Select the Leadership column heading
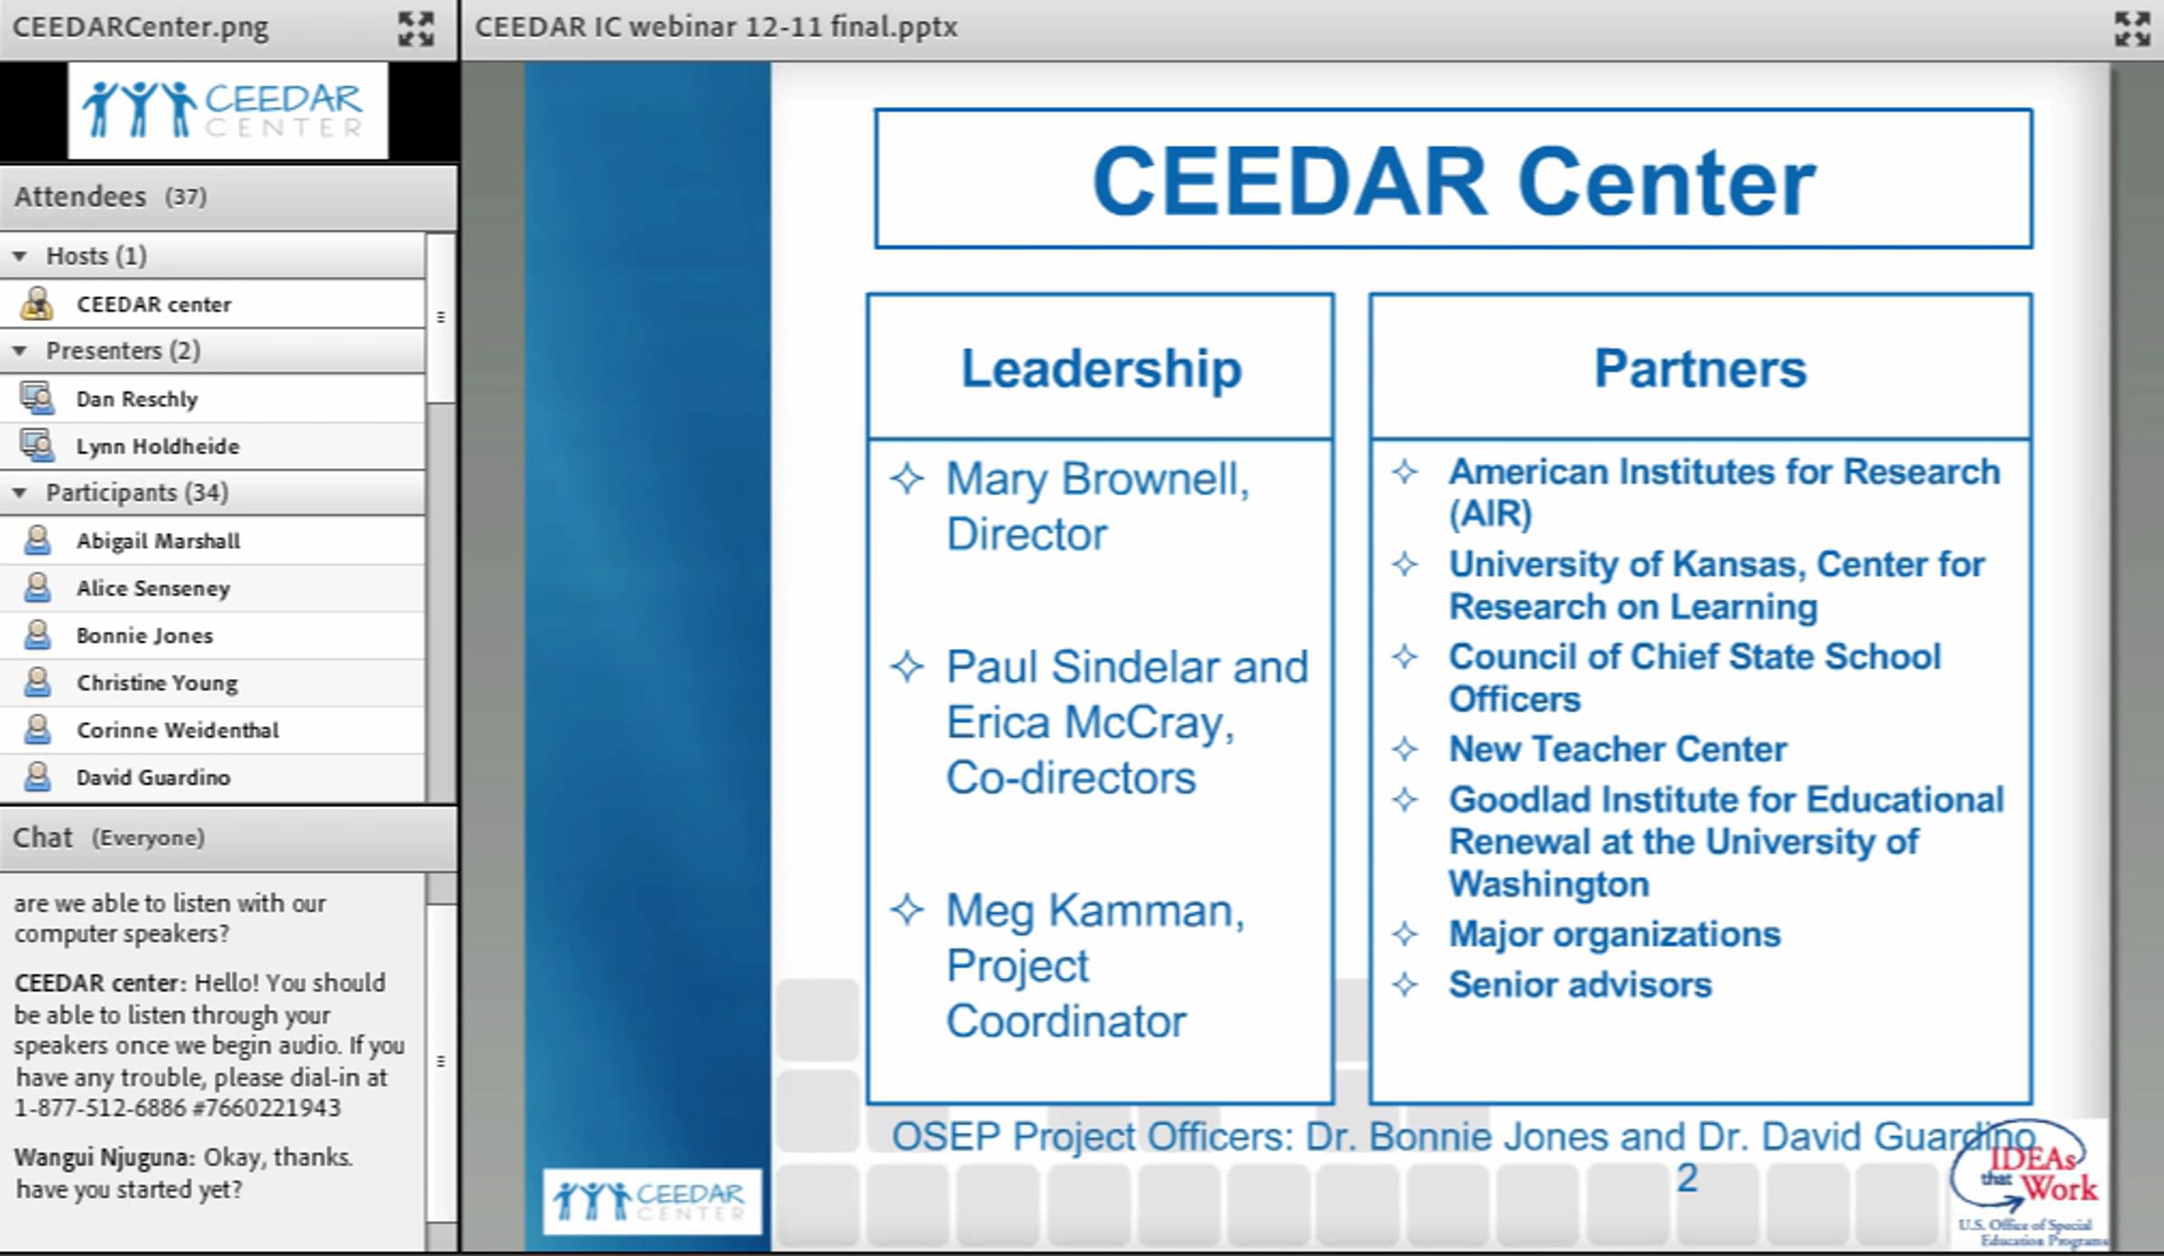(x=1101, y=369)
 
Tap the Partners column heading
(x=1701, y=369)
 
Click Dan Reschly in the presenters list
(x=136, y=399)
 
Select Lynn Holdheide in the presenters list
(x=158, y=446)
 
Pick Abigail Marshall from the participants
(x=158, y=541)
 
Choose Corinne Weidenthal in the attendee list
(x=178, y=730)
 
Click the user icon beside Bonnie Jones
(x=37, y=635)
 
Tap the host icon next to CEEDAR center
(x=37, y=304)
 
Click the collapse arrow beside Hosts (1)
(x=19, y=256)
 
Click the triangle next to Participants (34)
(x=19, y=492)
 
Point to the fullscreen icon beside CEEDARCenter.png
(x=416, y=28)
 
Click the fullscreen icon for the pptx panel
(x=2132, y=28)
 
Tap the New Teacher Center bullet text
(x=1618, y=749)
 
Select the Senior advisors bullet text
(x=1580, y=985)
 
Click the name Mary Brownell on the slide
(x=1097, y=479)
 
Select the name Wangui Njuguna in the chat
(x=104, y=1158)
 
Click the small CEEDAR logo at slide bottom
(x=651, y=1201)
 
